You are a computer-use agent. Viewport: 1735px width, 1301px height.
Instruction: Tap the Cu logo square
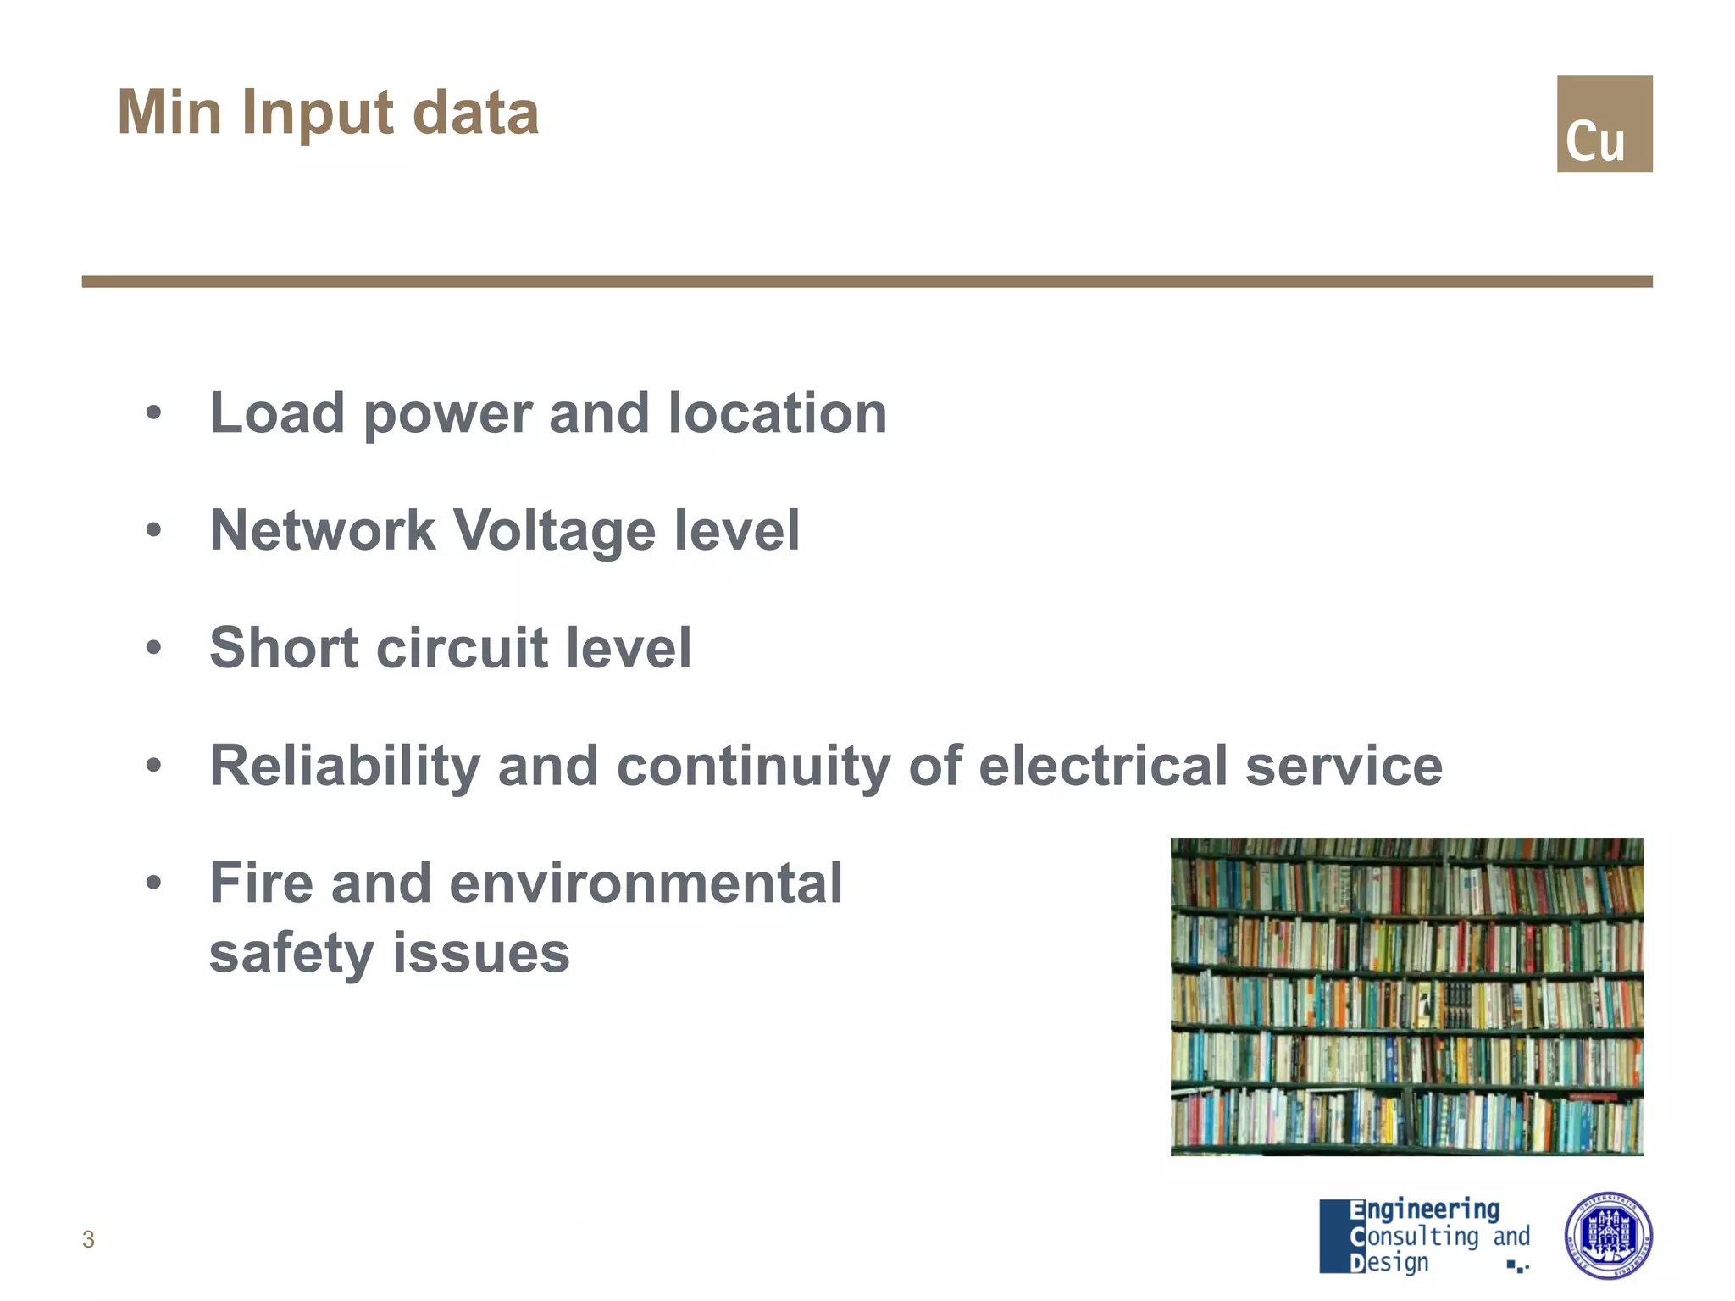pyautogui.click(x=1604, y=124)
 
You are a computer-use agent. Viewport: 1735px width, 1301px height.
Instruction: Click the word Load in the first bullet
pyautogui.click(x=277, y=413)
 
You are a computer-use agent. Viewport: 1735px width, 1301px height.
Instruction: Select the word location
pyautogui.click(x=777, y=413)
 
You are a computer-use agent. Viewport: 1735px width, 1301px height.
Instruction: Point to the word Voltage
pyautogui.click(x=555, y=531)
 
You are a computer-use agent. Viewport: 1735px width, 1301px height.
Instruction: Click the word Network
pyautogui.click(x=323, y=531)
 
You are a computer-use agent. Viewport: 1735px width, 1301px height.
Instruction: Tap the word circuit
pyautogui.click(x=462, y=648)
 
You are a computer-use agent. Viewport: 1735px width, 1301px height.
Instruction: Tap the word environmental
pyautogui.click(x=646, y=883)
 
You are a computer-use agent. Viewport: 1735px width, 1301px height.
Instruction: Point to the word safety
pyautogui.click(x=291, y=954)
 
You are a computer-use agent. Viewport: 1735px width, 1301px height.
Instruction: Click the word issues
pyautogui.click(x=480, y=954)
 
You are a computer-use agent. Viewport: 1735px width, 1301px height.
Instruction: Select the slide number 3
pyautogui.click(x=88, y=1239)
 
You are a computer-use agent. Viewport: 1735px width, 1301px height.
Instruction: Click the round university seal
pyautogui.click(x=1607, y=1236)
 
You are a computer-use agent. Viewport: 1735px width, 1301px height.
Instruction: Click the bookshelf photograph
pyautogui.click(x=1406, y=996)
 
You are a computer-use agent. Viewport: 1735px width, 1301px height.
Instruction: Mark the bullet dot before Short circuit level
pyautogui.click(x=153, y=648)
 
